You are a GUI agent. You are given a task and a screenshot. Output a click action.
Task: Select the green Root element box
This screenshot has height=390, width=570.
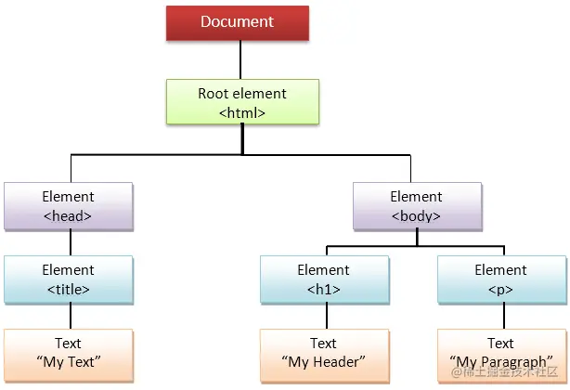242,103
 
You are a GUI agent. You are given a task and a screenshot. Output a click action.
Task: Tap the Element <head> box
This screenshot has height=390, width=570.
69,205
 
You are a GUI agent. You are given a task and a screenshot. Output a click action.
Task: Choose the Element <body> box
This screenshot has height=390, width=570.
416,205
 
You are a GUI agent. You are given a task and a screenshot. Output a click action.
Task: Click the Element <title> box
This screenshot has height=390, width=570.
69,279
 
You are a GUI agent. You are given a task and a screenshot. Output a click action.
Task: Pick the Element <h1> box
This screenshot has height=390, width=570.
323,279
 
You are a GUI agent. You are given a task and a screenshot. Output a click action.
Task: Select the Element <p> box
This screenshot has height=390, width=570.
500,279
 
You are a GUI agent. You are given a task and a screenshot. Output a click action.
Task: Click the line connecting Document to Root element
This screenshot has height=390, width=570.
241,59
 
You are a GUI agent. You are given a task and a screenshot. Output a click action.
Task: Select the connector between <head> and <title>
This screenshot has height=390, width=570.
70,241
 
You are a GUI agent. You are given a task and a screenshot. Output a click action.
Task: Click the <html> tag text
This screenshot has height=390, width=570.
242,112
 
